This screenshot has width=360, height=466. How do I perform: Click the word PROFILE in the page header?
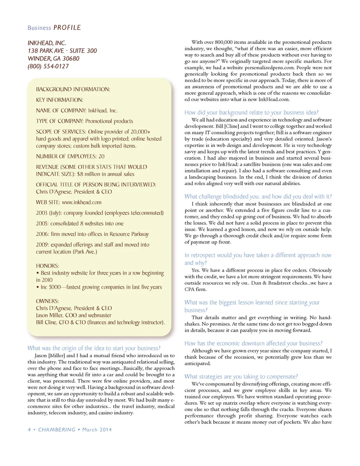pos(67,28)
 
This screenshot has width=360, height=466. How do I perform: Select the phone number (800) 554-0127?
pos(48,66)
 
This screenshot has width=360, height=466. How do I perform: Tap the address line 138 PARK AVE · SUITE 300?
pos(62,51)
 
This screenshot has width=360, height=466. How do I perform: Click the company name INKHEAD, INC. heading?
pos(47,43)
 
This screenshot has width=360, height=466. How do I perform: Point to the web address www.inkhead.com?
pos(82,202)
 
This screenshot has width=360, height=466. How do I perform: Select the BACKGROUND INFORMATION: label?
pos(73,89)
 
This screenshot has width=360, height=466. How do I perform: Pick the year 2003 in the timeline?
pos(42,213)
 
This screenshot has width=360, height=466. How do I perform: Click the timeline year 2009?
pos(42,245)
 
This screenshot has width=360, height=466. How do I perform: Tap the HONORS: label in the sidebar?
pos(48,266)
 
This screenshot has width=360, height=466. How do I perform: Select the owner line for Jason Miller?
pos(73,315)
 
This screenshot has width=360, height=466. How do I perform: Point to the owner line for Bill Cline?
pos(100,322)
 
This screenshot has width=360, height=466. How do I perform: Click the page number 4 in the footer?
pos(29,430)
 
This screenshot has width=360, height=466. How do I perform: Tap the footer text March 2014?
pos(97,430)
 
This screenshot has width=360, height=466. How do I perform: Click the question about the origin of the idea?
pos(94,348)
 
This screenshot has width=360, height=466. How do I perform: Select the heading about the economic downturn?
pos(253,343)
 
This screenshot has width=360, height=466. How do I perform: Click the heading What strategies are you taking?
pos(241,376)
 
